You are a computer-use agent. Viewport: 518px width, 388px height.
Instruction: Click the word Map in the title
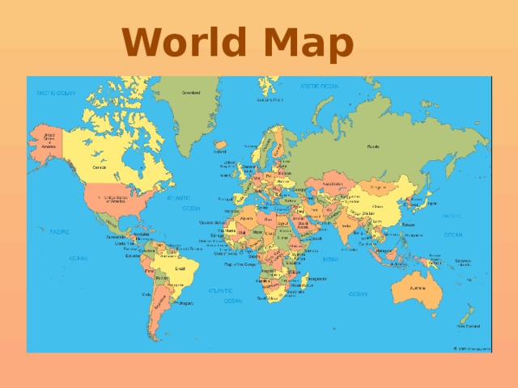pyautogui.click(x=310, y=43)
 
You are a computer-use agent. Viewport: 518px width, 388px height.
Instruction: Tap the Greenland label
pyautogui.click(x=191, y=93)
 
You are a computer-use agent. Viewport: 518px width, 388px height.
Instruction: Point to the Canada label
pyautogui.click(x=100, y=167)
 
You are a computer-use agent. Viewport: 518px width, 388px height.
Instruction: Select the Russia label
pyautogui.click(x=373, y=146)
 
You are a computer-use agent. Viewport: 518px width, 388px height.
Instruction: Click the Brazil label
pyautogui.click(x=180, y=268)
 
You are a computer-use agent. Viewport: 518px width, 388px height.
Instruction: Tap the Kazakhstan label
pyautogui.click(x=333, y=184)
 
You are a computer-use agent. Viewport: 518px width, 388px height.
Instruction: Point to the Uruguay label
pyautogui.click(x=186, y=303)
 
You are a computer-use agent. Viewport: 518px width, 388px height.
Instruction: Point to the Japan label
pyautogui.click(x=431, y=204)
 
